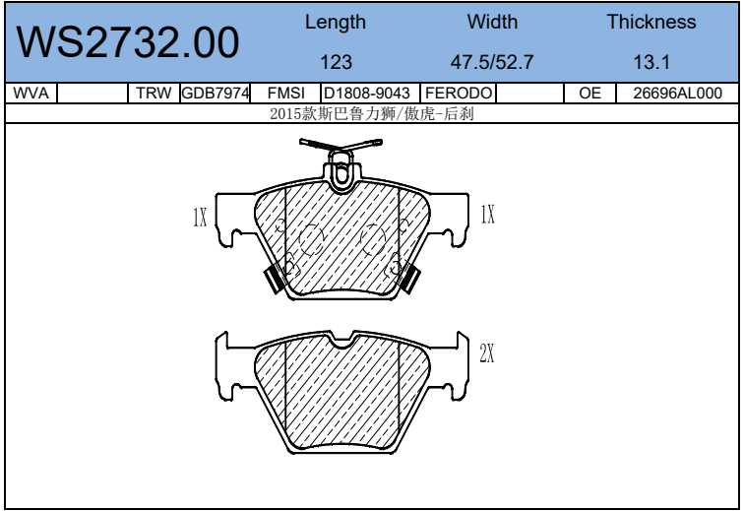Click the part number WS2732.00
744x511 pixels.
[128, 42]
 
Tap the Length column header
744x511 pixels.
[336, 23]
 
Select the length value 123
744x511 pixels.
[336, 62]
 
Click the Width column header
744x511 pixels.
[492, 22]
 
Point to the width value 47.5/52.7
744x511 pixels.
[492, 62]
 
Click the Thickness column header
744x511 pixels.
[651, 22]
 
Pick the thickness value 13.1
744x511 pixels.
[651, 62]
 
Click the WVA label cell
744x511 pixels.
[31, 94]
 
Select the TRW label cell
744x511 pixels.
[154, 94]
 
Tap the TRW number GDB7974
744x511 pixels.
[216, 94]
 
